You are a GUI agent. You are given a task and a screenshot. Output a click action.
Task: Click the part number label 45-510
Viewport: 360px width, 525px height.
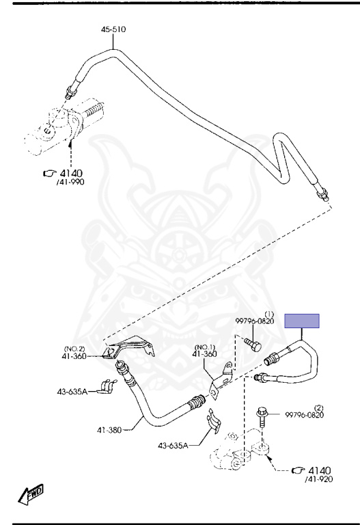coord(113,29)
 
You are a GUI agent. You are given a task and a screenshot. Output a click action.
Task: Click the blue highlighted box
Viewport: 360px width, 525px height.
coord(302,321)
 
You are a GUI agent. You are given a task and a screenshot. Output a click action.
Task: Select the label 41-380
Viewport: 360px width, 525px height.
coord(109,429)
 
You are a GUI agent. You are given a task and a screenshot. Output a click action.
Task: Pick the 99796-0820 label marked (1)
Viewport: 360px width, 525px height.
coord(255,319)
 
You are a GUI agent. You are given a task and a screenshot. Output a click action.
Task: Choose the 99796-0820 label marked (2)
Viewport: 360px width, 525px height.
coord(305,412)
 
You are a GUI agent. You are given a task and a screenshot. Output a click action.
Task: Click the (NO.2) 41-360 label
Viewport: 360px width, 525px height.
coord(74,353)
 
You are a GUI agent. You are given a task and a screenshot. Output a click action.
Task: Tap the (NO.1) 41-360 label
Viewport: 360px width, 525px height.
coord(204,351)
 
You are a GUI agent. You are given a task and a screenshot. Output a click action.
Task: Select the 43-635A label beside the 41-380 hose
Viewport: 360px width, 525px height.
coord(72,392)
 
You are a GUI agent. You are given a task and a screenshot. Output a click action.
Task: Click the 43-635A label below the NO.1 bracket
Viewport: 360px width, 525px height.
coord(173,445)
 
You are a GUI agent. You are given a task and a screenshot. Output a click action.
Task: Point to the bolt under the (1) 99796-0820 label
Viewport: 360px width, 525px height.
coord(253,345)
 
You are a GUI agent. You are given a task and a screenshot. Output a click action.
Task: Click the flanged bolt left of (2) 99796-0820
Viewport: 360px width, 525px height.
coord(262,417)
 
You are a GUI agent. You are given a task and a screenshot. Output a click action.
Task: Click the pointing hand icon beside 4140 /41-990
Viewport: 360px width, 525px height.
coord(50,174)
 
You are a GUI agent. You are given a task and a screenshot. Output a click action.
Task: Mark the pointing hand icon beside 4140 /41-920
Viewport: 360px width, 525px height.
coord(298,470)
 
